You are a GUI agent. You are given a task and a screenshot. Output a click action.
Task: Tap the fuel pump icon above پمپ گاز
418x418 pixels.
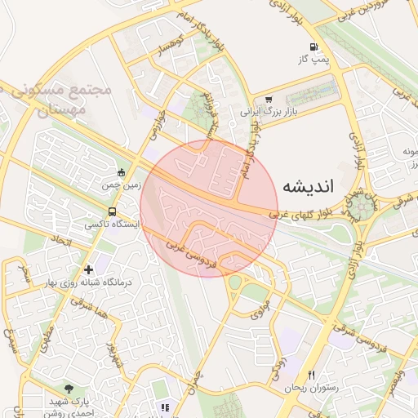314,47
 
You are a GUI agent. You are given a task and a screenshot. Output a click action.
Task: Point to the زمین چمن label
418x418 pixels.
116,185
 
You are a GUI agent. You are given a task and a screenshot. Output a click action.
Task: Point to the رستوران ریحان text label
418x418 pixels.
306,388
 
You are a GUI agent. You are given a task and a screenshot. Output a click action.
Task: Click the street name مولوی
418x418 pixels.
260,309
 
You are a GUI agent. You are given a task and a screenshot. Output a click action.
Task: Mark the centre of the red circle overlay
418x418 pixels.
208,208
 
